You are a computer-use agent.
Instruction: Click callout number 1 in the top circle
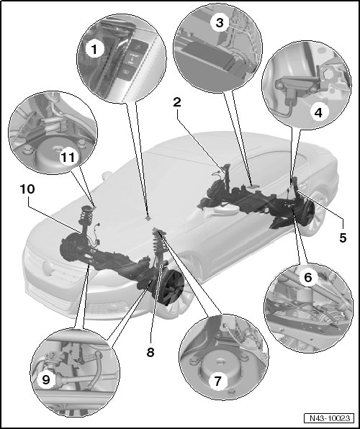94,50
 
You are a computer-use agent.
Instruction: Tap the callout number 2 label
177,102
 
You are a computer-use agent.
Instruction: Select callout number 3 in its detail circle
220,23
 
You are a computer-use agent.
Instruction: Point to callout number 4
319,112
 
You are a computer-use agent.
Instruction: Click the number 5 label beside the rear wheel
343,238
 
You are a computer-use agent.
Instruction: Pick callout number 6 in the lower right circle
308,277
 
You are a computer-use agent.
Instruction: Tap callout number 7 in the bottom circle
218,381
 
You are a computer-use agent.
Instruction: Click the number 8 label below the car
150,352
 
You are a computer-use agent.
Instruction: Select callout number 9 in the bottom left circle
46,380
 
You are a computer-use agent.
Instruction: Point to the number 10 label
27,189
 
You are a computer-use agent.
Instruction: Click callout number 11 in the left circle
68,157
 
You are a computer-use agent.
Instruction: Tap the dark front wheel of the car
171,287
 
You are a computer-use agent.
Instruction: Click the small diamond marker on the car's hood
148,219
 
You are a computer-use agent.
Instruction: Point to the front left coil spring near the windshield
86,216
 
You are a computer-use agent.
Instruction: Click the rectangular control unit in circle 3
206,55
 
